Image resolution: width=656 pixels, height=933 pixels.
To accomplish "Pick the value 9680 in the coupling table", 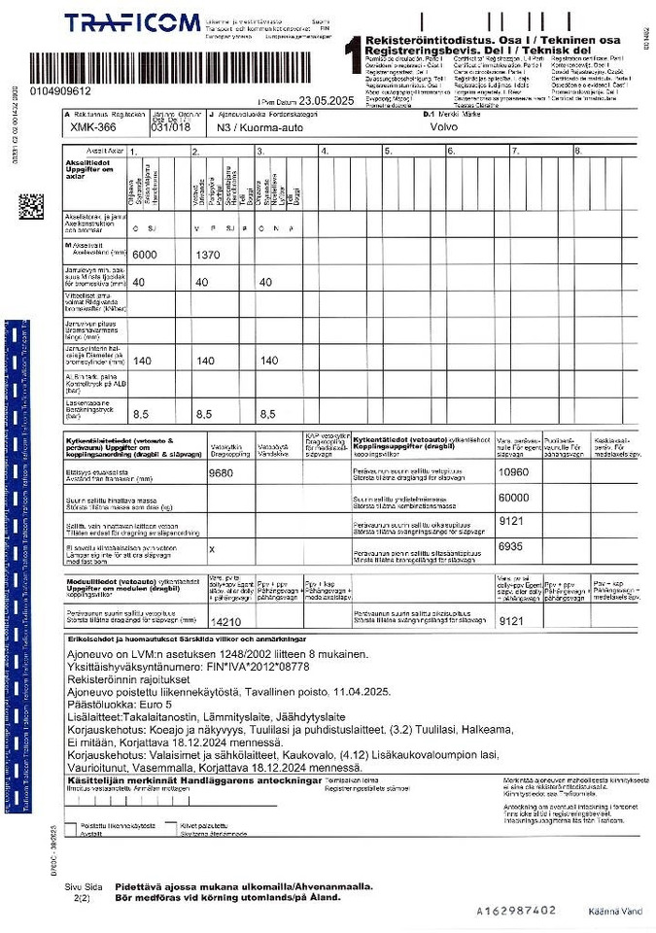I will pos(223,473).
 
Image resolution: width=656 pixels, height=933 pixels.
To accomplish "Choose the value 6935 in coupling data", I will pos(510,546).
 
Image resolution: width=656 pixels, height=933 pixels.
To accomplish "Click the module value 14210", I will pos(225,621).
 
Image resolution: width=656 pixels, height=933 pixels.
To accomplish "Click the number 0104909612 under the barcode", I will pos(60,91).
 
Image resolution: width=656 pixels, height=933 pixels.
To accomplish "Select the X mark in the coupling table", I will pos(212,548).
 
